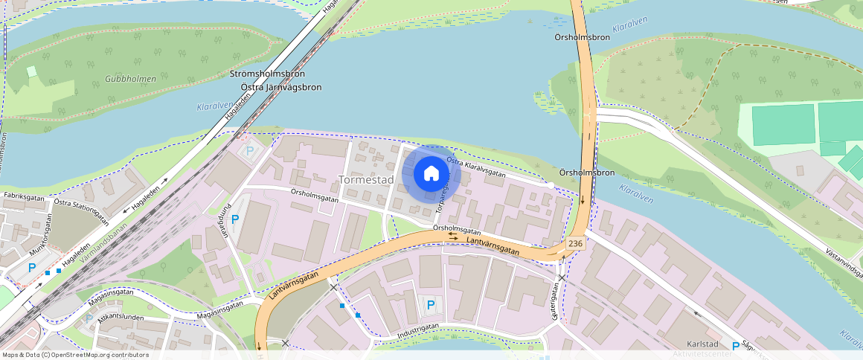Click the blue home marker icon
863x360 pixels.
[431, 174]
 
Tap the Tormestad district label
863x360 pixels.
[365, 180]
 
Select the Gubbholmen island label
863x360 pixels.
[130, 79]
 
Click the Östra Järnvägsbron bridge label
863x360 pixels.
[281, 87]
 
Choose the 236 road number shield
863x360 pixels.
[574, 243]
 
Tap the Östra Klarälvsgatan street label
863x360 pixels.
[476, 167]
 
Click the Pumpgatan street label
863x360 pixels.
[220, 218]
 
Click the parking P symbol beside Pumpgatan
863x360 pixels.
[235, 219]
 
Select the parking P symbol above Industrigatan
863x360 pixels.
[430, 304]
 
